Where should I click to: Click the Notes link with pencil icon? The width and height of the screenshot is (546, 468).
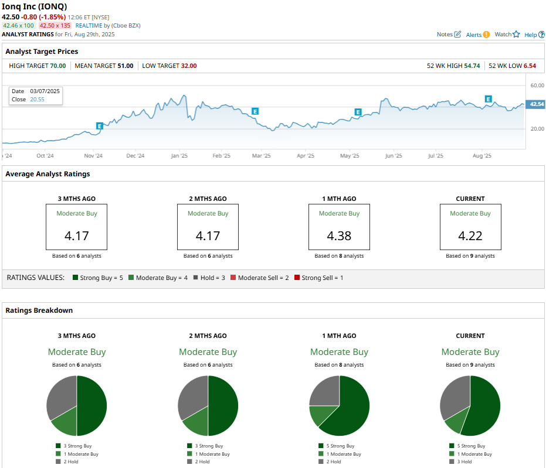tap(449, 34)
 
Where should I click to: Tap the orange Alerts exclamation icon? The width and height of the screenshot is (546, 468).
tap(486, 35)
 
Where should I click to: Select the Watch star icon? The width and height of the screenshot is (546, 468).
tap(516, 34)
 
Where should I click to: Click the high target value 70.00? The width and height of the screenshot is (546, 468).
tap(58, 66)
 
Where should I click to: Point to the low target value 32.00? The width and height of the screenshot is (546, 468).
tap(189, 66)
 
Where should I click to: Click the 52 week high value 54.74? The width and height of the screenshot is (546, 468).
tap(472, 66)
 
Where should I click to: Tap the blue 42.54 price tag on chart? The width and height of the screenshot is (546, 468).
tap(536, 104)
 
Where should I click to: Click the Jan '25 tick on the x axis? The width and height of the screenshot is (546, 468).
tap(179, 156)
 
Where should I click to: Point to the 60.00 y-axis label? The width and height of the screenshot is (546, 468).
tap(537, 85)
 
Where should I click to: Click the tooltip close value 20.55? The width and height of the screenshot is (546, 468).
tap(38, 100)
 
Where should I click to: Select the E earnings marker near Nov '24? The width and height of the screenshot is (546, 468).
tap(100, 126)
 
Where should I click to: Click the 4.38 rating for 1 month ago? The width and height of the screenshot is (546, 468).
tap(339, 235)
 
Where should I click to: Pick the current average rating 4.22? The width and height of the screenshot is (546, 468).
tap(470, 235)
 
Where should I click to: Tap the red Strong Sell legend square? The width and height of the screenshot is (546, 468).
tap(297, 278)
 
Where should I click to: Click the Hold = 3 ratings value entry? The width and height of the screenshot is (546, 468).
tap(209, 278)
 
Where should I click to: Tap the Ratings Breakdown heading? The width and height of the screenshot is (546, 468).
tap(39, 310)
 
